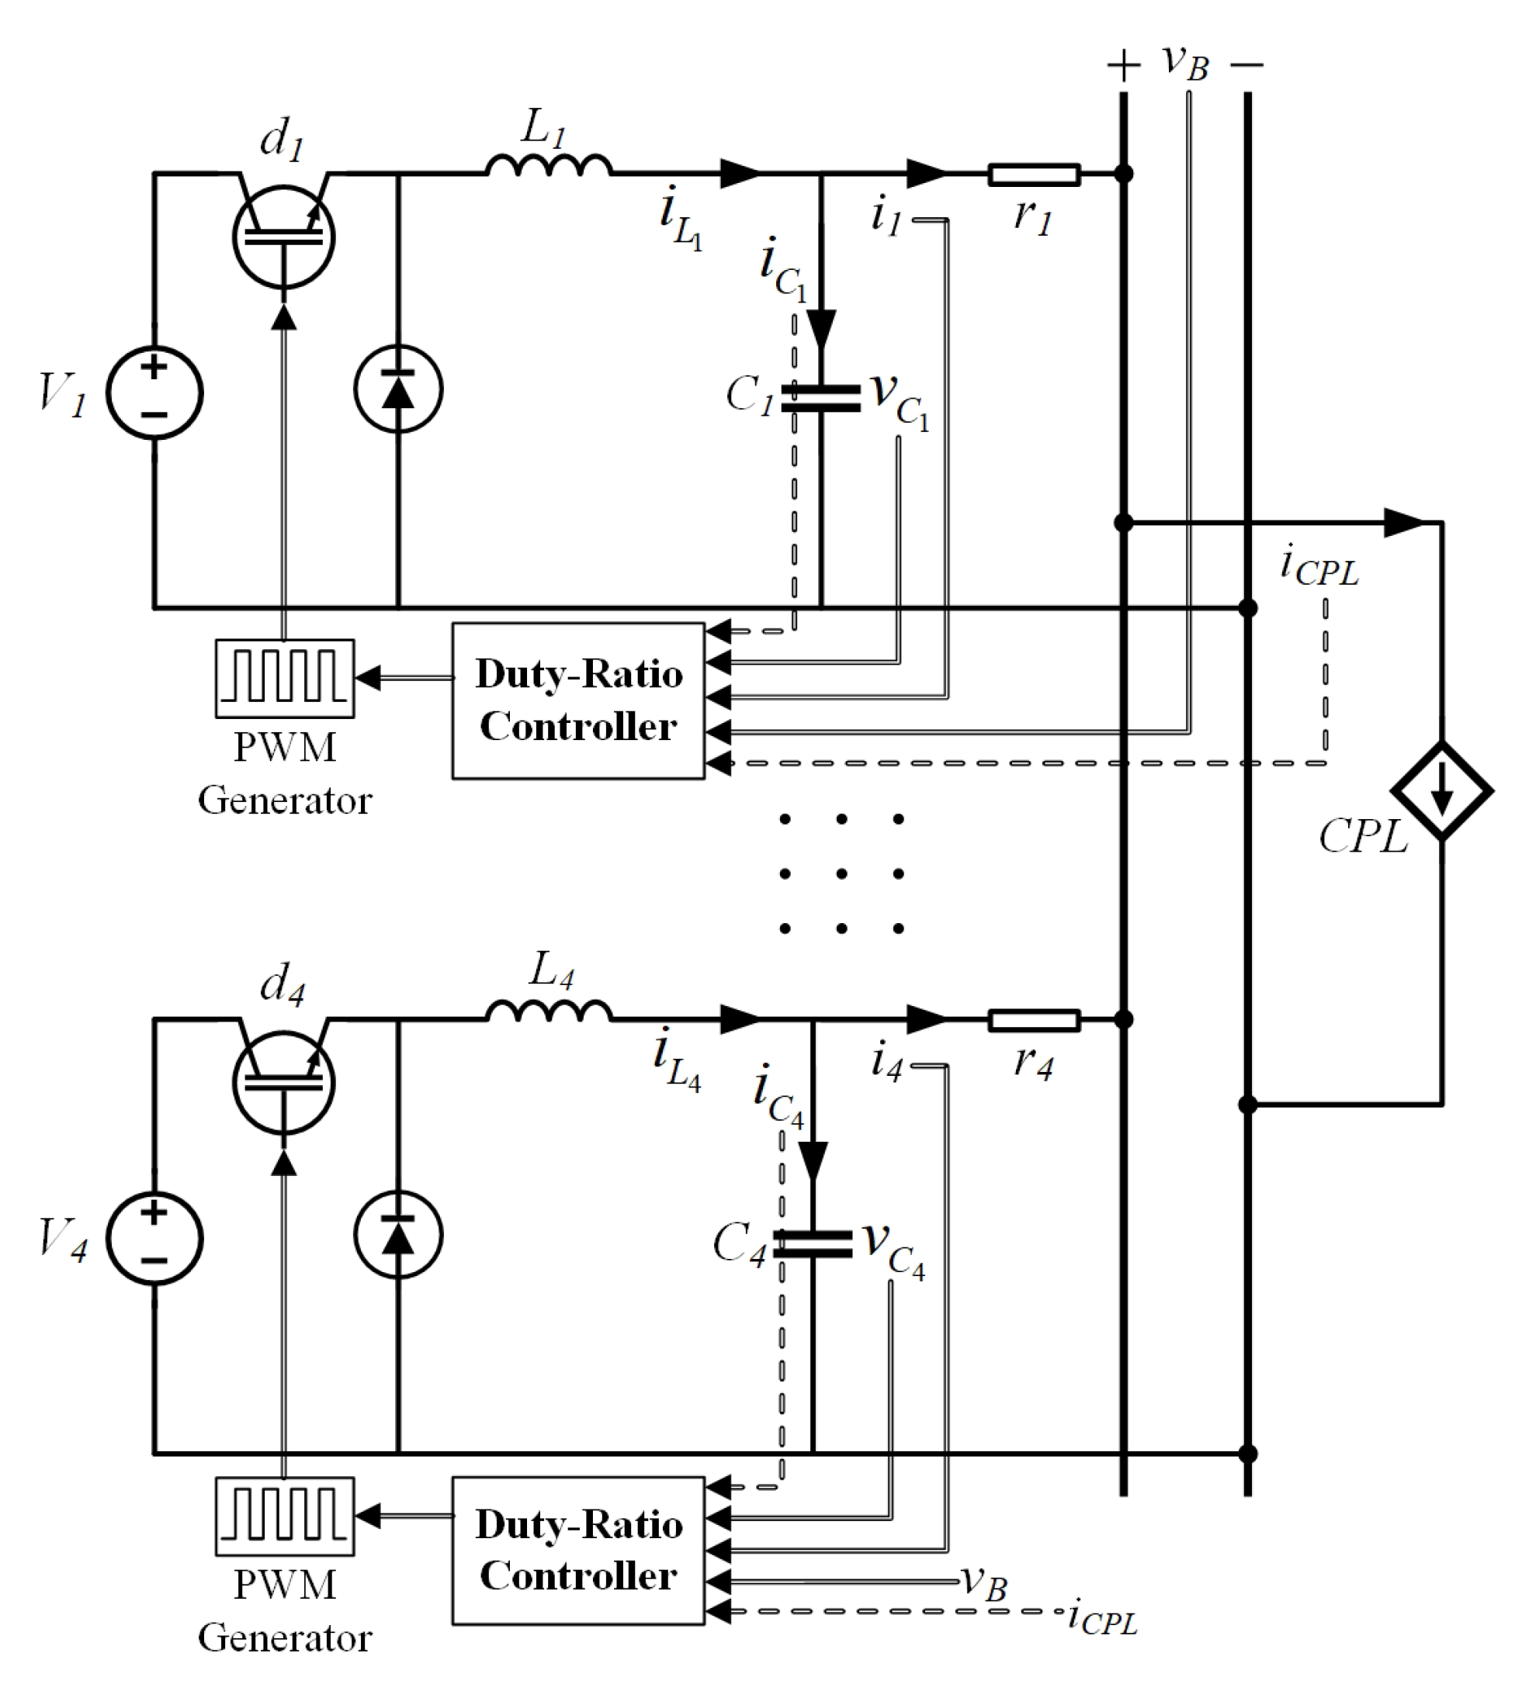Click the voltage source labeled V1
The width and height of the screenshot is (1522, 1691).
tap(154, 392)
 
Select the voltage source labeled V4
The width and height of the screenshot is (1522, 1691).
tap(154, 1238)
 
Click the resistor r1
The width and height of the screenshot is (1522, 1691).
tap(1034, 175)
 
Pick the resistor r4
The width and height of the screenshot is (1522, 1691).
tap(1034, 1021)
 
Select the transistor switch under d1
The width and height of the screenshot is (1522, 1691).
tap(283, 237)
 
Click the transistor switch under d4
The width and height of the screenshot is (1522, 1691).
tap(283, 1084)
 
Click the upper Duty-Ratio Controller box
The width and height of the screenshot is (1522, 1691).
tap(578, 700)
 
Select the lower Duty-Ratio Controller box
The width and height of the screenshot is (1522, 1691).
tap(578, 1551)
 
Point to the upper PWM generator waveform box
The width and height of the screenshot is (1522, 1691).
tap(284, 678)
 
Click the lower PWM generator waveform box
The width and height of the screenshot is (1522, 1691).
tap(284, 1516)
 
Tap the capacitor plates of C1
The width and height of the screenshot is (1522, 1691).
tap(820, 398)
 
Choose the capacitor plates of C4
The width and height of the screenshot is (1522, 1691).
tap(812, 1243)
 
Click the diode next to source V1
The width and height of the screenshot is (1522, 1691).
tap(398, 389)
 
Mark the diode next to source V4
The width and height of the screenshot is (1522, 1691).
tap(398, 1235)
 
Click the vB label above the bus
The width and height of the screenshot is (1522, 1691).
tap(1185, 63)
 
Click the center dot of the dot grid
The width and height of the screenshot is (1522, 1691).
tap(841, 873)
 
